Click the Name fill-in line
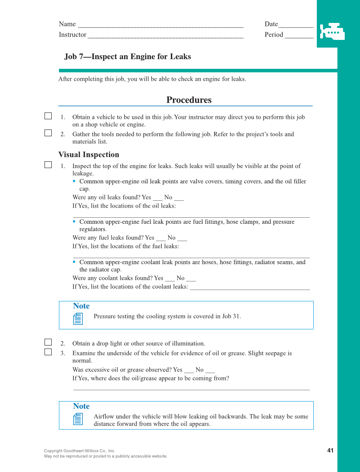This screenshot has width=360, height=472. pyautogui.click(x=161, y=25)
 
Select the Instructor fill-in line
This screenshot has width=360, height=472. pyautogui.click(x=165, y=35)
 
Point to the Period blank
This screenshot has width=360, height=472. pyautogui.click(x=299, y=35)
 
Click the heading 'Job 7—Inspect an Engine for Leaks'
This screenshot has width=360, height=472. pyautogui.click(x=128, y=56)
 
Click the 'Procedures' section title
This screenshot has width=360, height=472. pyautogui.click(x=189, y=100)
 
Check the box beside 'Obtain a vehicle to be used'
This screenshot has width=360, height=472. pyautogui.click(x=48, y=116)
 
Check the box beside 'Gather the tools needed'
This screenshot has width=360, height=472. pyautogui.click(x=48, y=133)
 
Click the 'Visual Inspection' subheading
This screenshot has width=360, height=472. pyautogui.click(x=89, y=155)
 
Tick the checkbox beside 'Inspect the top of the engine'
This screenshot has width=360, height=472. pyautogui.click(x=48, y=165)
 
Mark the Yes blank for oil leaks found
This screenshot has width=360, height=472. pyautogui.click(x=157, y=198)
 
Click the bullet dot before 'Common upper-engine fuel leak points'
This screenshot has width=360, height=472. pyautogui.click(x=74, y=222)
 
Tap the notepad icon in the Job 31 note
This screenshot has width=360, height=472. pyautogui.click(x=78, y=319)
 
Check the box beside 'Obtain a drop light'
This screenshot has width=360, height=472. pyautogui.click(x=48, y=342)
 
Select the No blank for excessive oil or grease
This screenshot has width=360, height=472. pyautogui.click(x=210, y=371)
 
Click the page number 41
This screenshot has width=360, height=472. pyautogui.click(x=330, y=450)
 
